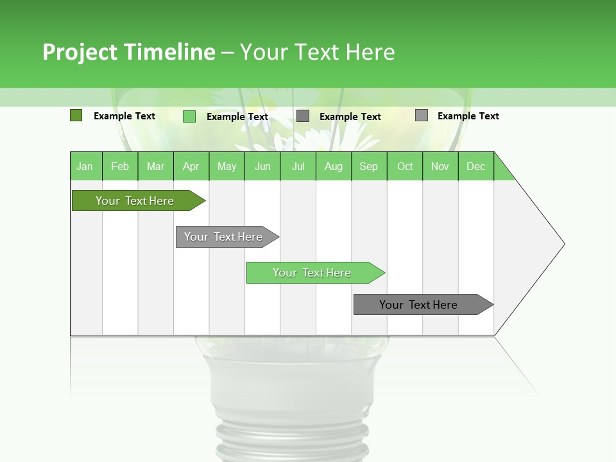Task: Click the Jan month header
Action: [85, 166]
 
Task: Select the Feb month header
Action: [120, 166]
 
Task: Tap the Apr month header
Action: [191, 166]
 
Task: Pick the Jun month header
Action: [262, 166]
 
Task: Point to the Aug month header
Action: [333, 166]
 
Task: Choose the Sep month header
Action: [368, 166]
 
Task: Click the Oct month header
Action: [405, 166]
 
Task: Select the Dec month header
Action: [475, 166]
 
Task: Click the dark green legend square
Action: [76, 116]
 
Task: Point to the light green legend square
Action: [189, 116]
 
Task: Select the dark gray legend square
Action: [303, 116]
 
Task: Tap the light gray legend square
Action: [422, 116]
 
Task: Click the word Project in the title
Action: [80, 52]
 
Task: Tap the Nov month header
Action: [440, 166]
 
